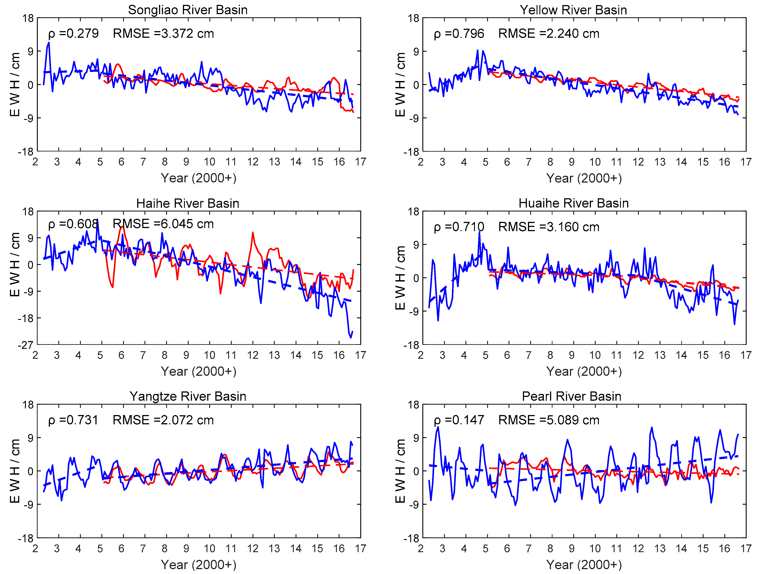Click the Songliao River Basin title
pos(188,10)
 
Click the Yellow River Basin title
pos(573,10)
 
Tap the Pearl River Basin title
pos(571,396)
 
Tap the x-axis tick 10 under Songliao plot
pos(209,162)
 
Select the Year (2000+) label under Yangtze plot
pos(199,565)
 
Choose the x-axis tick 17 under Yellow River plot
pos(746,162)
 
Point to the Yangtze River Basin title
pos(188,396)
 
